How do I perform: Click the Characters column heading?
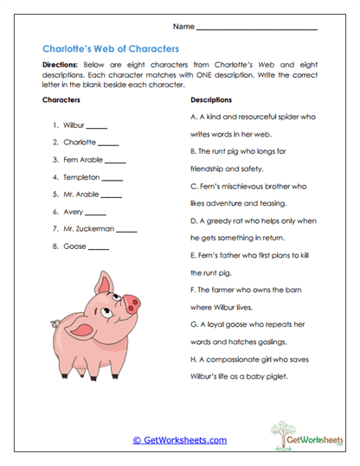click(62, 100)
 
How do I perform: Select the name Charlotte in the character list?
click(79, 143)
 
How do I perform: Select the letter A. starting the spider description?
click(194, 117)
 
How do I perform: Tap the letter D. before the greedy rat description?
click(194, 220)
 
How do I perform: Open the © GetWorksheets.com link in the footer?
click(180, 440)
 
